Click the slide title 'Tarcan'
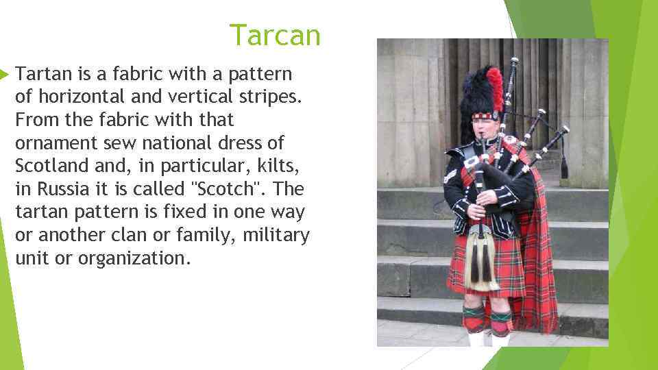[x=275, y=35]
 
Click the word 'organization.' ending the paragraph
[x=132, y=259]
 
